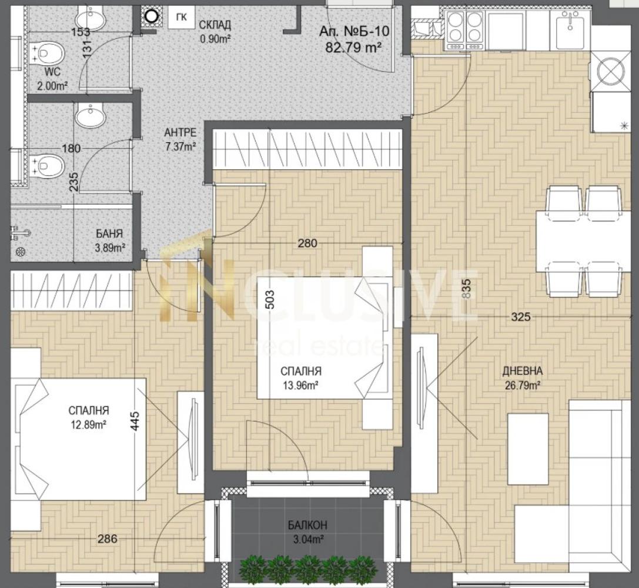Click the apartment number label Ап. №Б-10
[354, 31]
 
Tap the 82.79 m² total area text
[353, 48]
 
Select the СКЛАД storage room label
[215, 25]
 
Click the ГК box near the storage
[181, 17]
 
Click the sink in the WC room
[90, 17]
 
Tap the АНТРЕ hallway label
[180, 133]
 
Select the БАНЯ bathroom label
[109, 233]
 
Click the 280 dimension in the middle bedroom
[307, 243]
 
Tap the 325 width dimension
[521, 316]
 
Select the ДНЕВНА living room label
[523, 371]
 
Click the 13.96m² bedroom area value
[301, 385]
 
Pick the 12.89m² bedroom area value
[89, 425]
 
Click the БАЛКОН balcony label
[307, 525]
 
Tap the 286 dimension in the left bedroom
[107, 539]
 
